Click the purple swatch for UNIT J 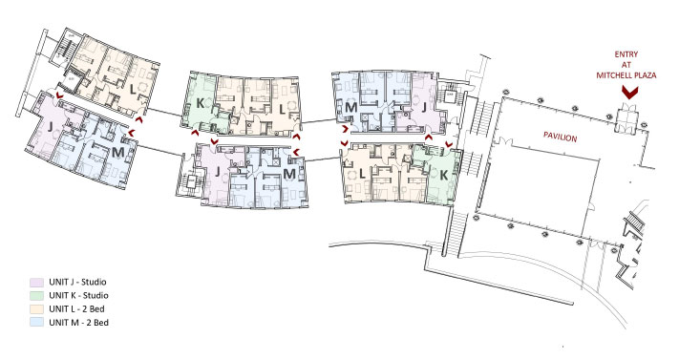pyautogui.click(x=37, y=282)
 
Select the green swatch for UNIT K pyautogui.click(x=37, y=295)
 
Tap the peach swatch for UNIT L pyautogui.click(x=37, y=308)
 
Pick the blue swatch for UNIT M pyautogui.click(x=37, y=323)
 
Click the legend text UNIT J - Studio pyautogui.click(x=77, y=282)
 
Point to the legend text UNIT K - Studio pyautogui.click(x=78, y=295)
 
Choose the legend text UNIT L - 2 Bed pyautogui.click(x=76, y=308)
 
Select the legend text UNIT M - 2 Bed pyautogui.click(x=78, y=323)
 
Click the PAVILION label pyautogui.click(x=561, y=138)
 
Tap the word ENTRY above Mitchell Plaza pyautogui.click(x=626, y=54)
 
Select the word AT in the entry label pyautogui.click(x=626, y=65)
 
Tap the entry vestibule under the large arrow pyautogui.click(x=627, y=117)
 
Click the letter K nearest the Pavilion pyautogui.click(x=443, y=175)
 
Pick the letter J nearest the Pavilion pyautogui.click(x=424, y=106)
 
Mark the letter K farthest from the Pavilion pyautogui.click(x=200, y=103)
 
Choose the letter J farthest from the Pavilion pyautogui.click(x=51, y=126)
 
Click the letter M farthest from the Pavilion pyautogui.click(x=117, y=153)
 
